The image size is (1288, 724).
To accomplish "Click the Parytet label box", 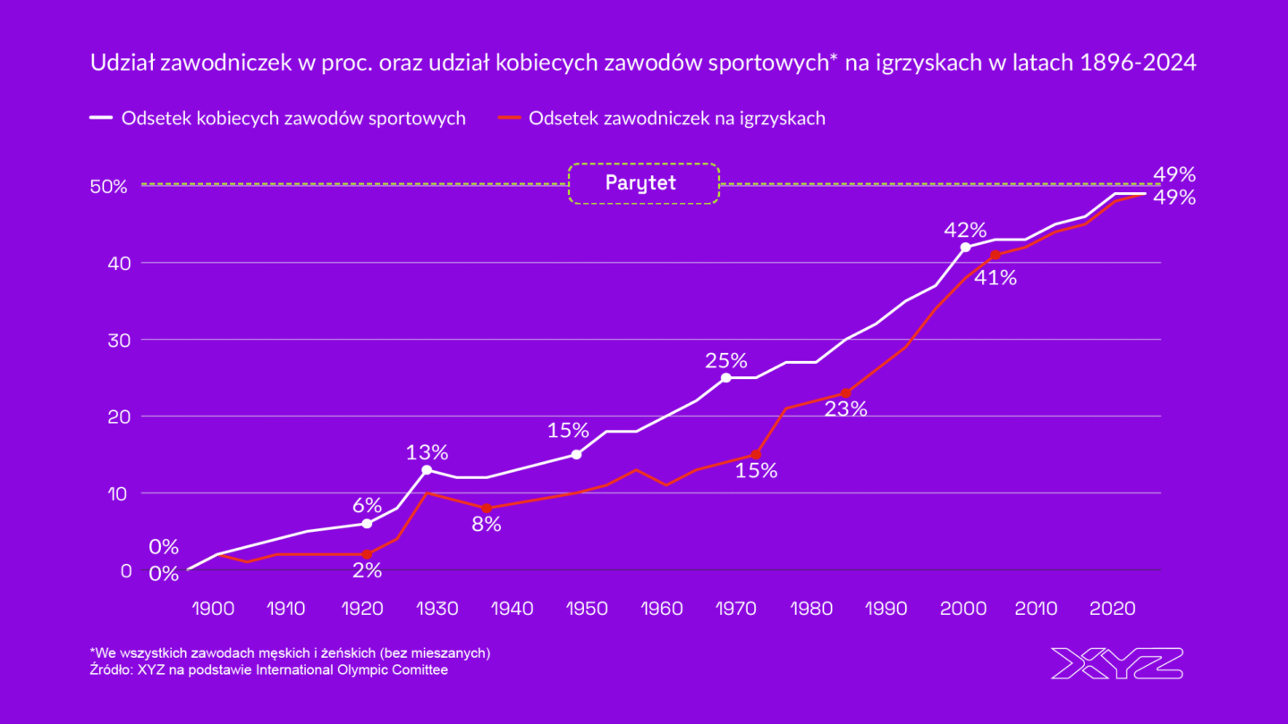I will point(643,183).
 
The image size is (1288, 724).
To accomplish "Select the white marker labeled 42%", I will point(965,248).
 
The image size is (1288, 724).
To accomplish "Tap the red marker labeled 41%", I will point(996,255).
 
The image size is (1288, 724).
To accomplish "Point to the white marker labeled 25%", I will point(726,378).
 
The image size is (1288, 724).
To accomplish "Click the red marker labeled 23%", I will point(846,393).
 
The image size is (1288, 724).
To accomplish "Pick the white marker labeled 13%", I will point(427,469).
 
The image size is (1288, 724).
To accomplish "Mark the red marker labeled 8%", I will point(487,508).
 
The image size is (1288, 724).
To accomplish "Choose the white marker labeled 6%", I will point(367,524).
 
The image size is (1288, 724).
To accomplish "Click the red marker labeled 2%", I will point(367,554).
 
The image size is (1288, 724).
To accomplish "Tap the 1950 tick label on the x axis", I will point(588,609).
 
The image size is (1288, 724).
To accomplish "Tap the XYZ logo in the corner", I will point(1116,663).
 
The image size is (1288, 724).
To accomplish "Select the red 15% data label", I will point(756,471).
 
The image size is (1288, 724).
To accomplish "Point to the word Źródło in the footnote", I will point(111,669).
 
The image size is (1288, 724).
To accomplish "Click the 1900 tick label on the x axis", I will point(213,609).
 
